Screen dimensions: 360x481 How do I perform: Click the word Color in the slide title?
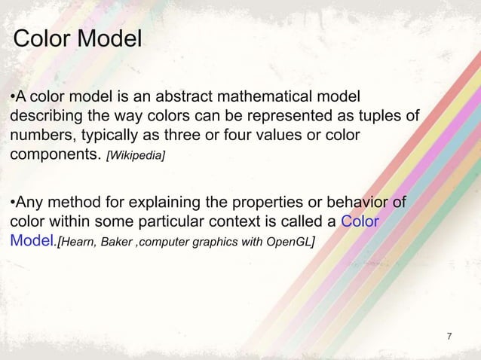[42, 38]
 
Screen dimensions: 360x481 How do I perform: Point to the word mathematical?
[271, 97]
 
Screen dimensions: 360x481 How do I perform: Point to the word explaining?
[158, 202]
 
